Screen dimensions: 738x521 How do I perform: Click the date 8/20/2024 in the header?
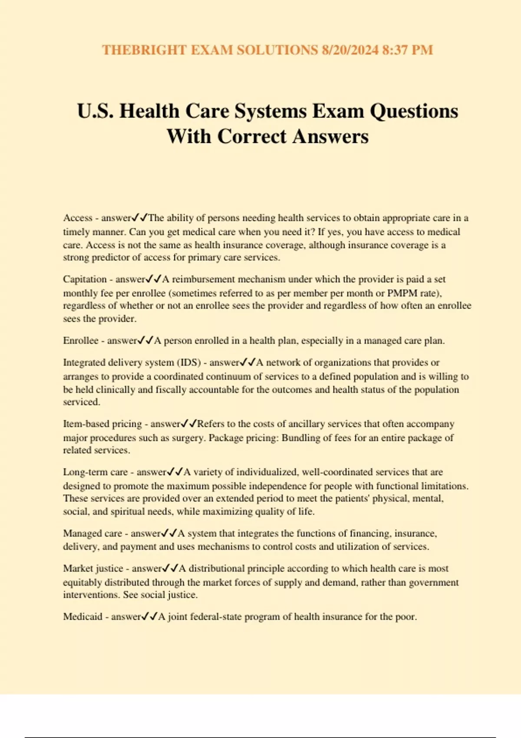pos(350,50)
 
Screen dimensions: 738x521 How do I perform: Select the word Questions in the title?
pos(414,111)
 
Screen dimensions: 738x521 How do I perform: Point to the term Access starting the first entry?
pos(78,218)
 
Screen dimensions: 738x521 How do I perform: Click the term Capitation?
pos(85,279)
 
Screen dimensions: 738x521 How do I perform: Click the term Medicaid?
pos(82,616)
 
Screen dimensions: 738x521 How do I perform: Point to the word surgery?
pos(188,438)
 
